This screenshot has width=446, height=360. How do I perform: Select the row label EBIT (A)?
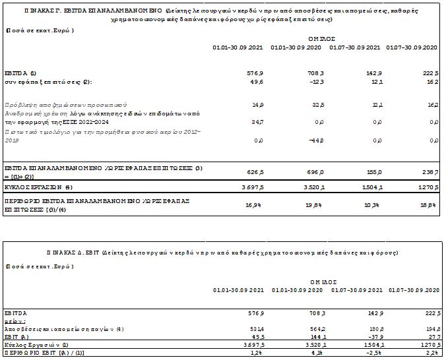[16, 336]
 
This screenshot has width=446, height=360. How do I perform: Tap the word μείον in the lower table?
[14, 319]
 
